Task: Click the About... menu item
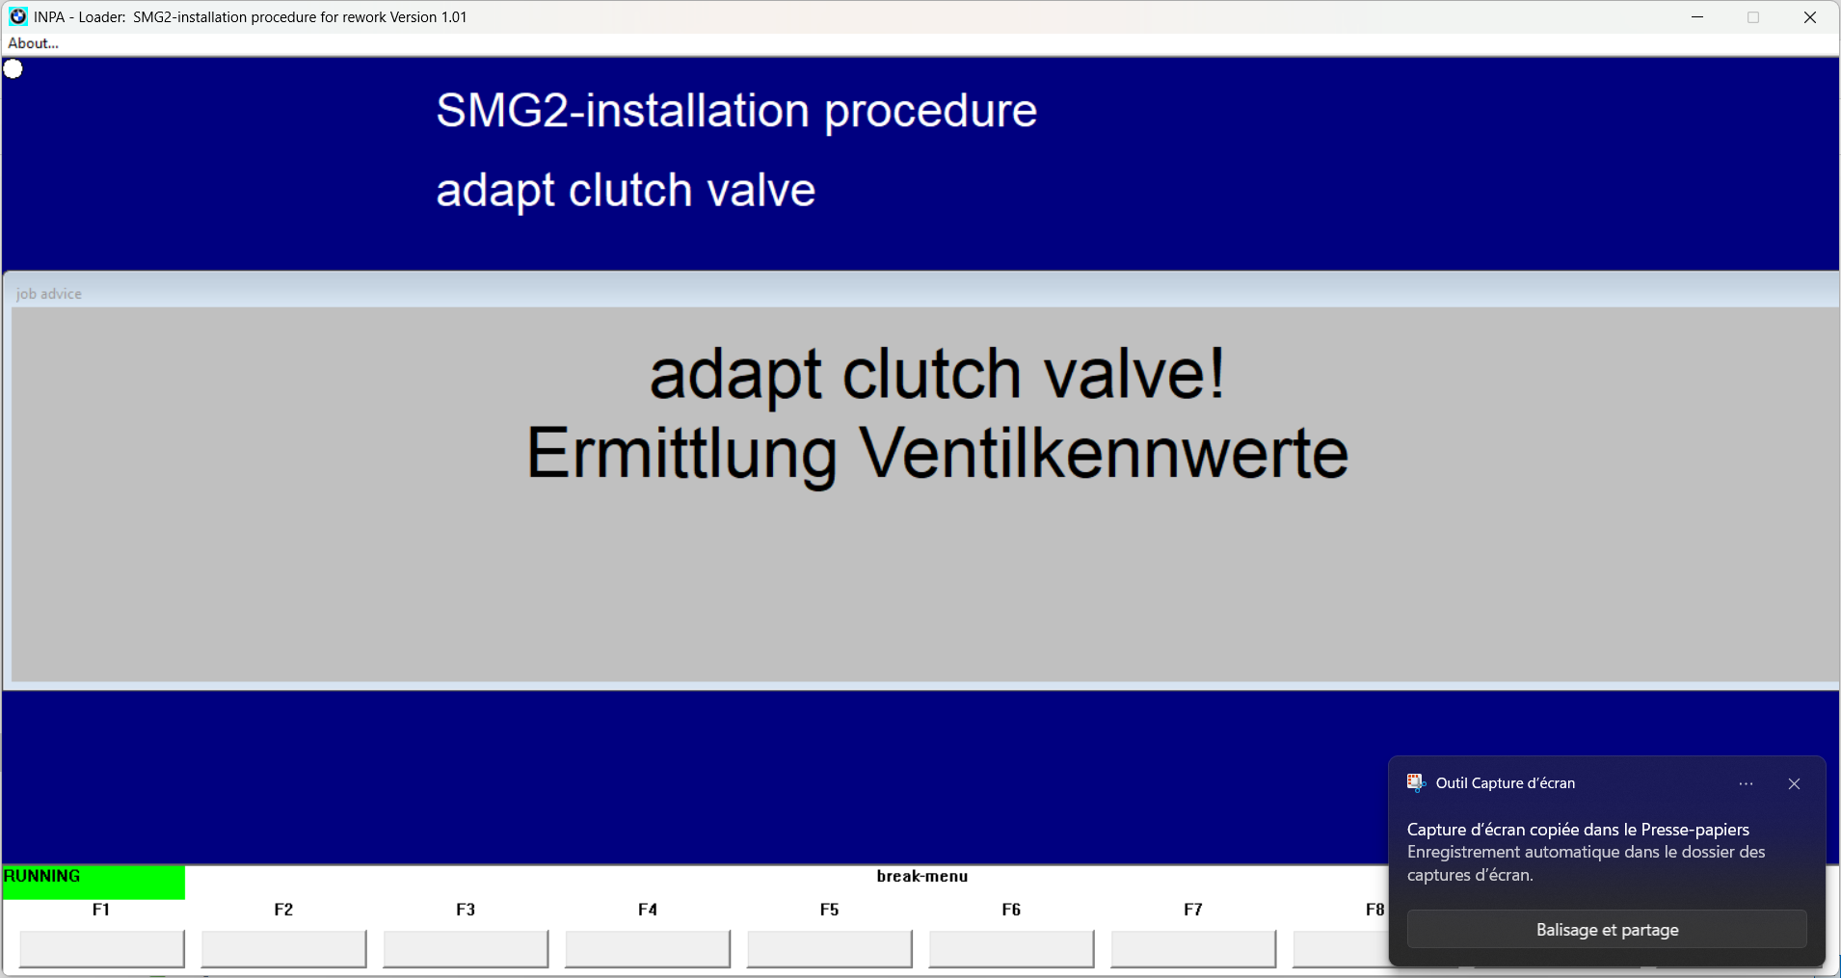pyautogui.click(x=33, y=43)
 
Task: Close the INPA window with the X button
pyautogui.click(x=1809, y=17)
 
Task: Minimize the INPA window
pyautogui.click(x=1697, y=17)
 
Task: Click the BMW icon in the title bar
pyautogui.click(x=17, y=16)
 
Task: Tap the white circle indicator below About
pyautogui.click(x=13, y=69)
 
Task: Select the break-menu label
pyautogui.click(x=922, y=876)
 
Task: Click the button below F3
pyautogui.click(x=466, y=949)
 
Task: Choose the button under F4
pyautogui.click(x=648, y=949)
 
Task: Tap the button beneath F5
pyautogui.click(x=830, y=949)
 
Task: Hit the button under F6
pyautogui.click(x=1011, y=949)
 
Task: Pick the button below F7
pyautogui.click(x=1193, y=949)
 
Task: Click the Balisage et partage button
pyautogui.click(x=1607, y=930)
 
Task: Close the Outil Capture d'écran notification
pyautogui.click(x=1794, y=783)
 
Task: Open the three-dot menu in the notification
pyautogui.click(x=1746, y=783)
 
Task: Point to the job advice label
pyautogui.click(x=49, y=294)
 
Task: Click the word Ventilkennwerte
pyautogui.click(x=1104, y=453)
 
